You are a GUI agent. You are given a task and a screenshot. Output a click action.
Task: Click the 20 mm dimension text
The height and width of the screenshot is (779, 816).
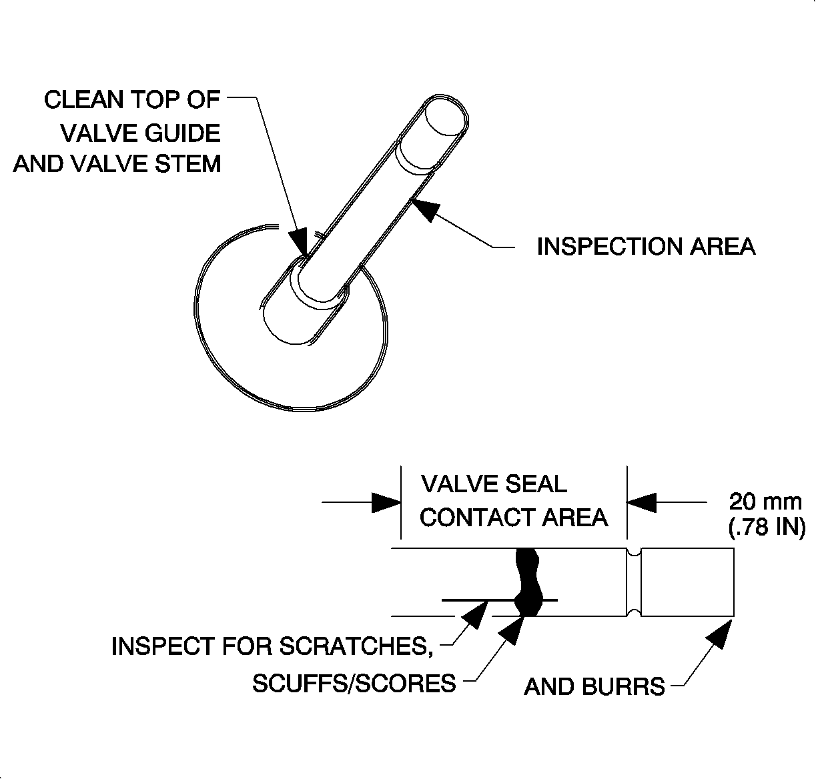pos(765,501)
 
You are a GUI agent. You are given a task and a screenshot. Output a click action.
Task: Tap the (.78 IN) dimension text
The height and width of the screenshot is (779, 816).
pos(765,527)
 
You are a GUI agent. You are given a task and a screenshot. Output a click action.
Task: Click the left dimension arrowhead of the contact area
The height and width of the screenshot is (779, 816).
pos(386,502)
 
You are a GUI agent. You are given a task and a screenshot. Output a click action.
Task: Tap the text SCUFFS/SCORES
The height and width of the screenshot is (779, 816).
pos(354,683)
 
